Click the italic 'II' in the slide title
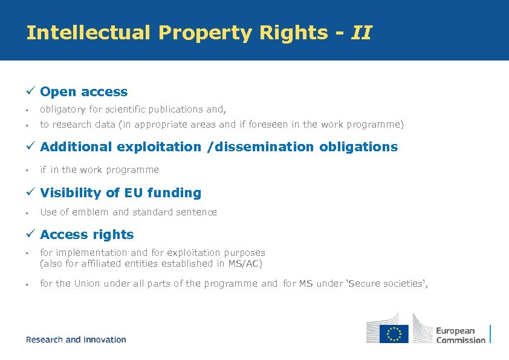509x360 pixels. pos(361,33)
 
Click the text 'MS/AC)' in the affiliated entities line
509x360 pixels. pos(246,263)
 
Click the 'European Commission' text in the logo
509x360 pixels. pos(461,335)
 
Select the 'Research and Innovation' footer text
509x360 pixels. pos(76,340)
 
